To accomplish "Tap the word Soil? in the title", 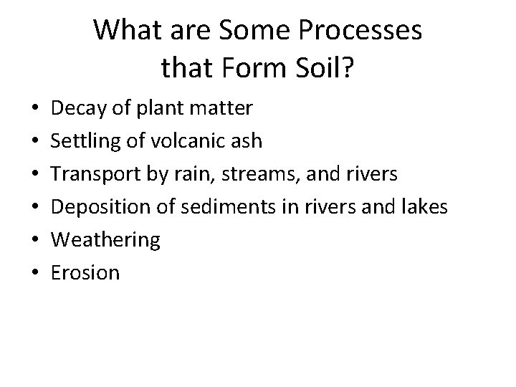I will (x=321, y=69).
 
